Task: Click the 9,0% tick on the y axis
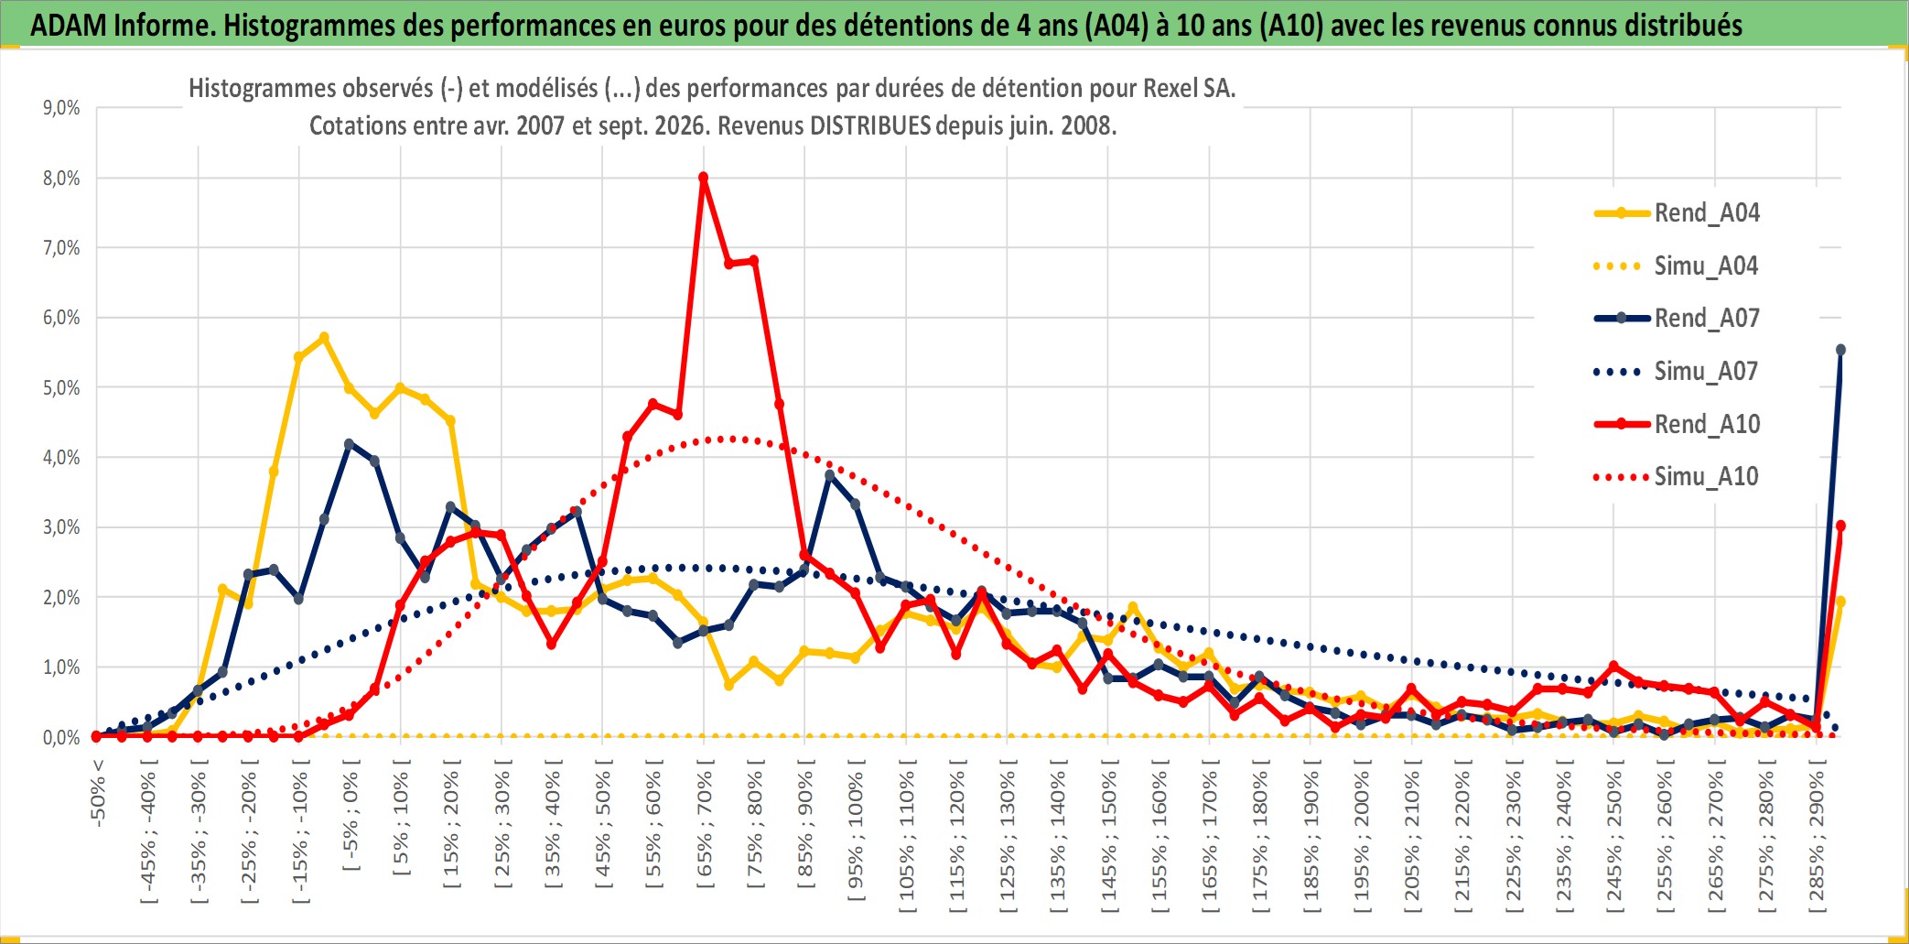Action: click(x=61, y=108)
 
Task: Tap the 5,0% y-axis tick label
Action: click(x=61, y=387)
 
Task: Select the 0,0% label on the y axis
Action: click(x=61, y=737)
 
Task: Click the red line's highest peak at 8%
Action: click(x=703, y=178)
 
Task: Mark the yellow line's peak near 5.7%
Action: click(x=324, y=338)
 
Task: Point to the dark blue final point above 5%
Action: click(x=1840, y=350)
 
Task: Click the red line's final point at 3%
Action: click(x=1840, y=526)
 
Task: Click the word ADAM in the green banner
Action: click(x=69, y=25)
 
